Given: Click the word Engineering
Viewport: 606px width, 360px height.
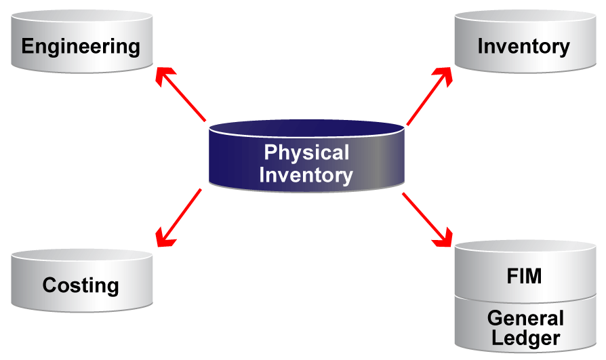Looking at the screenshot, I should coord(81,47).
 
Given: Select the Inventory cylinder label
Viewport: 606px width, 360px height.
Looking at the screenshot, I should coord(523,47).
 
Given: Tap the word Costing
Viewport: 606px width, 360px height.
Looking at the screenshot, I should coord(81,285).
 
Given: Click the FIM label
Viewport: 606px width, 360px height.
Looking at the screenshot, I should coord(525,277).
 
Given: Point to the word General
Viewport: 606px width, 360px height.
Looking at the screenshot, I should coord(525,319).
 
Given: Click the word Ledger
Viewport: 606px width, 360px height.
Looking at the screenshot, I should coord(525,338).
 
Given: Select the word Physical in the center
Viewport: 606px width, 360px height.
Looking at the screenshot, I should coord(306,153).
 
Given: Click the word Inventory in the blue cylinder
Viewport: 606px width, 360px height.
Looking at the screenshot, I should coord(306,175).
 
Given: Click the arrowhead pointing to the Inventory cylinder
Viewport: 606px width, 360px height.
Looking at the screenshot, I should coord(445,75).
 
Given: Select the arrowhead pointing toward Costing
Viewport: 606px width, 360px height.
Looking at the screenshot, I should coord(164,237).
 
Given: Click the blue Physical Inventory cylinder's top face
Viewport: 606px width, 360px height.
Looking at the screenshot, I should coord(306,129).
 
